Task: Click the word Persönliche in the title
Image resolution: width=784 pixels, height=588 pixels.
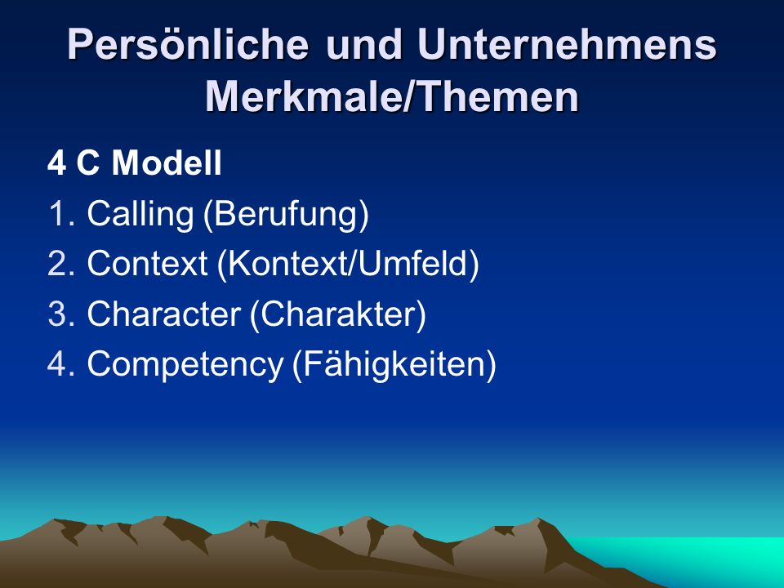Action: pos(188,45)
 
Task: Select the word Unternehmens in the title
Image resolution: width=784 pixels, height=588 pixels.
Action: pos(567,44)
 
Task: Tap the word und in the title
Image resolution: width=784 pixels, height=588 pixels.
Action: pos(364,44)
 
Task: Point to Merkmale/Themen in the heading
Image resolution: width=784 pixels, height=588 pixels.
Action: pos(392,96)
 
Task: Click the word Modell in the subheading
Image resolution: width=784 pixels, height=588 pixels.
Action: pos(167,163)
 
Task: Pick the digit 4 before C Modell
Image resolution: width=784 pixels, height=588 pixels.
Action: pos(56,163)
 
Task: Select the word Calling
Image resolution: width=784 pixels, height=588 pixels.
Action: pos(140,215)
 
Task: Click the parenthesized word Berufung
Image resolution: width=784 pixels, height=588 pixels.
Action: pos(286,215)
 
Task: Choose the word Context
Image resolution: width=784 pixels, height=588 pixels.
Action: pos(147,263)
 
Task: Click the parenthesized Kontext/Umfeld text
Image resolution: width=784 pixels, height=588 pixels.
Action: pos(348,264)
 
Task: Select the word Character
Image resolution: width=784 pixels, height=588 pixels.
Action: pos(163,314)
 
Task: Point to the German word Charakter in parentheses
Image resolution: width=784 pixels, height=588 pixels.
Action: pos(337,314)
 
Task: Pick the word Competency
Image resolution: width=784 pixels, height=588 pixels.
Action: pos(185,365)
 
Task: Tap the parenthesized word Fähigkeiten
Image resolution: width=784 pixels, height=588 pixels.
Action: pos(394,364)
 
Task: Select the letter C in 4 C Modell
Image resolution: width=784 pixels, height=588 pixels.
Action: pos(88,163)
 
